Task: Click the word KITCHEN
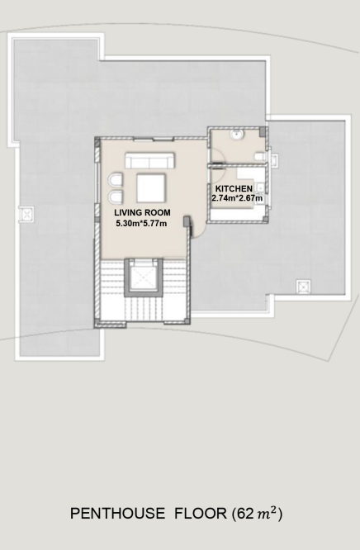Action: [x=234, y=189]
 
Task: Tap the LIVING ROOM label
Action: [x=143, y=212]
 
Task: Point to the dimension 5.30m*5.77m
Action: [x=141, y=223]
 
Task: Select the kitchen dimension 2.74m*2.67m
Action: [x=237, y=198]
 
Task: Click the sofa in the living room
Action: [x=150, y=160]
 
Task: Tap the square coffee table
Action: [x=151, y=188]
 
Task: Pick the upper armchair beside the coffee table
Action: [x=116, y=180]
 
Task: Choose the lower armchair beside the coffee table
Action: [x=116, y=197]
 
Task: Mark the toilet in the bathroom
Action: [x=259, y=157]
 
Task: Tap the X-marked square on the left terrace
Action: [x=27, y=214]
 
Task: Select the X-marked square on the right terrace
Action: [x=303, y=287]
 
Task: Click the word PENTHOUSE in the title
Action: [x=117, y=514]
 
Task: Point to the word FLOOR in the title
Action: [x=201, y=514]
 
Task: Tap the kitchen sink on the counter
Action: [x=261, y=189]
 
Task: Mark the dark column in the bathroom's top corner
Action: [x=263, y=132]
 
